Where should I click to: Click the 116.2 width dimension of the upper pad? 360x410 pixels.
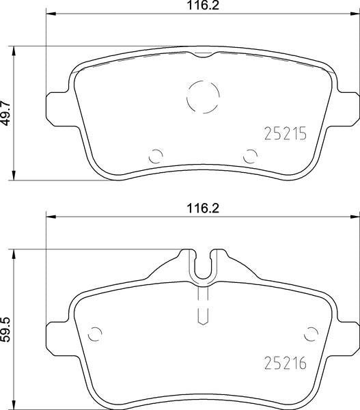[x=203, y=5]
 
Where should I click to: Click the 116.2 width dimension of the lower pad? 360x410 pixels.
[x=203, y=208]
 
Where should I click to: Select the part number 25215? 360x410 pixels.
[x=286, y=134]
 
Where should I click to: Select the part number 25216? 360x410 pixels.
[x=286, y=364]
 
